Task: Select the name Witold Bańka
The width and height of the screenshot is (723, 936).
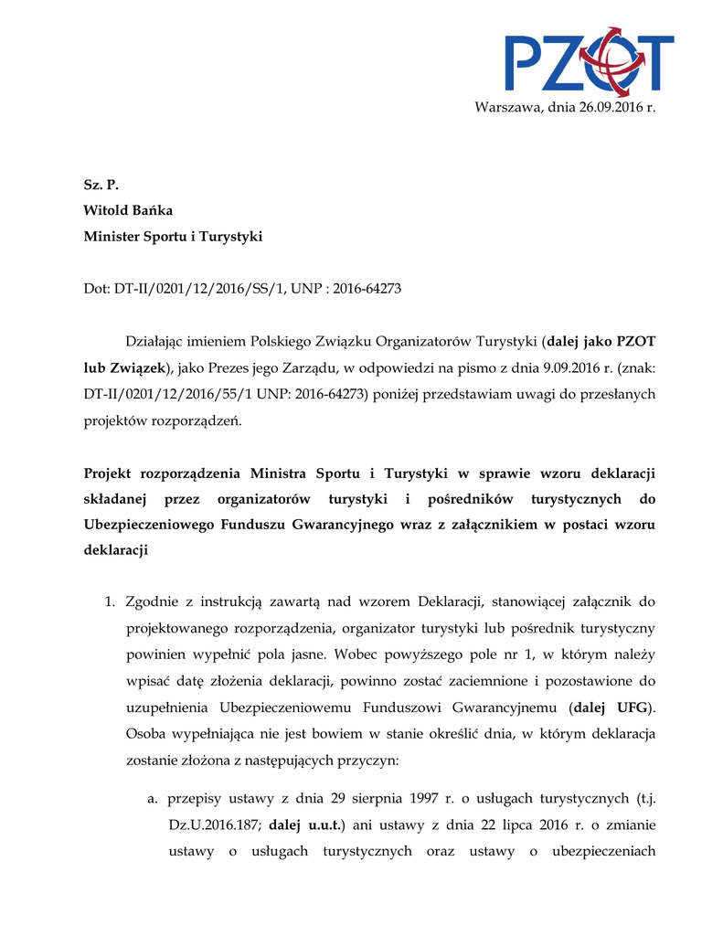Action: pos(128,210)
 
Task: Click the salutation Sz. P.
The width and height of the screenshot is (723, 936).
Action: pos(101,184)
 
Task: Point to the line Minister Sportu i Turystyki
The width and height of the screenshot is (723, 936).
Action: pos(173,237)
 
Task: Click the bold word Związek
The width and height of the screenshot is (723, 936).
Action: pos(137,368)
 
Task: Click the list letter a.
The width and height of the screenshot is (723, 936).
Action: pos(153,799)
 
